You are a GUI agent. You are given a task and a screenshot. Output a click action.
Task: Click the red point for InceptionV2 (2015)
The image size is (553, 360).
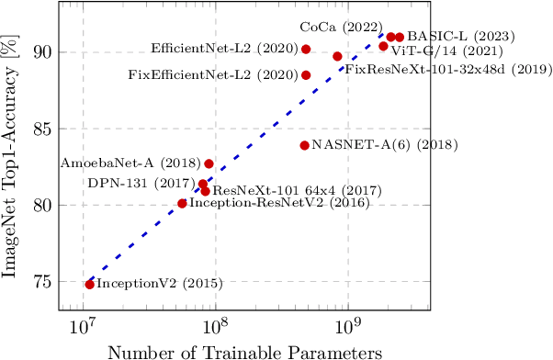(x=89, y=285)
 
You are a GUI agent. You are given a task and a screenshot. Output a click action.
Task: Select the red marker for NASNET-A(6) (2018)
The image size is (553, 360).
(x=304, y=145)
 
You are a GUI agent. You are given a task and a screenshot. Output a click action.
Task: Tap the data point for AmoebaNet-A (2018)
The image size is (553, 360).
(x=209, y=163)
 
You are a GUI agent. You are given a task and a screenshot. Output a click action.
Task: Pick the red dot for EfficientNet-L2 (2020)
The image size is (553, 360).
(x=306, y=49)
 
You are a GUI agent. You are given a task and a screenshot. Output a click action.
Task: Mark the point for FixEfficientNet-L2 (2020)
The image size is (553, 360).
(x=306, y=75)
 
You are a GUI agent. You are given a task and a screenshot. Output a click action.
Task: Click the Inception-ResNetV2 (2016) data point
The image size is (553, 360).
(x=182, y=203)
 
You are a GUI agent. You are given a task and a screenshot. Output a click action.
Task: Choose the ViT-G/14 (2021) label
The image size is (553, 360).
(x=437, y=51)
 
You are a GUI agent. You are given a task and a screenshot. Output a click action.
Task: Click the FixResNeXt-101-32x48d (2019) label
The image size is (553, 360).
(x=447, y=69)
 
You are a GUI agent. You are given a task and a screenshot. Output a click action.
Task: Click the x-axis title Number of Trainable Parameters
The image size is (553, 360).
(x=244, y=351)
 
